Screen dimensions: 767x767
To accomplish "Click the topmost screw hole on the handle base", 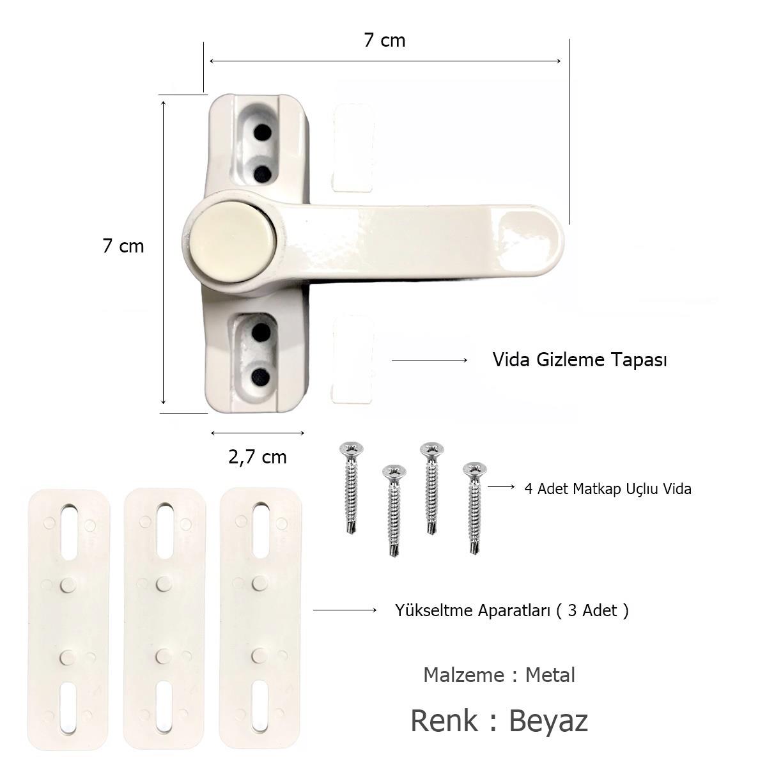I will (x=261, y=133).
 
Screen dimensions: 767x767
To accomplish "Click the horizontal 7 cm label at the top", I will (x=384, y=40).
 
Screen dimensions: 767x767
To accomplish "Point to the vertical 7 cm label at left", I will (x=123, y=246).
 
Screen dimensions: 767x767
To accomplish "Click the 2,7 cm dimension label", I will (x=258, y=457).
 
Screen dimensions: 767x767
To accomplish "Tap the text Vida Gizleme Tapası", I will (x=579, y=360).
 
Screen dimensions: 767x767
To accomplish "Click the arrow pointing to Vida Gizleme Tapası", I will (x=430, y=360).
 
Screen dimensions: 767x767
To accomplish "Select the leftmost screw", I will (x=350, y=486).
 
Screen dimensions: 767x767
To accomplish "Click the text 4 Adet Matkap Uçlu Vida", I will (x=607, y=489).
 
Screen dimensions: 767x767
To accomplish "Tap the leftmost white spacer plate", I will (x=70, y=618).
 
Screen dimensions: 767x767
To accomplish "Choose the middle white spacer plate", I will (x=165, y=618).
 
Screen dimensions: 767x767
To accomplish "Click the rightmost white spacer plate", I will (x=260, y=618).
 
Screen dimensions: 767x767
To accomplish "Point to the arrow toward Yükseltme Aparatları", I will (x=345, y=610).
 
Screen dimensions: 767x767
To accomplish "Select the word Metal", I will (x=550, y=675).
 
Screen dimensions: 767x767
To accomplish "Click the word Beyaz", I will (x=548, y=721).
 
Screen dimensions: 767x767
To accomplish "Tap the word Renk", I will (x=444, y=721).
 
